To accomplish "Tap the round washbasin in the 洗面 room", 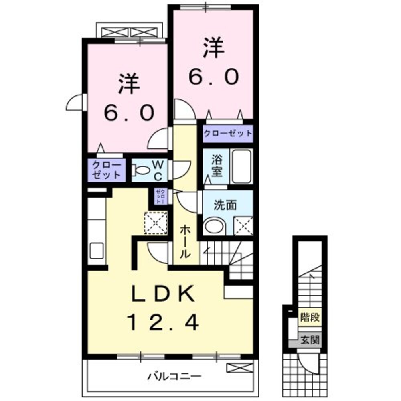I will [x=215, y=227].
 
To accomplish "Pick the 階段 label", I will [x=310, y=318].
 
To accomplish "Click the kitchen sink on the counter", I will [x=97, y=251].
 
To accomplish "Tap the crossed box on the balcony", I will [x=240, y=367].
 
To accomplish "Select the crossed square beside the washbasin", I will [x=243, y=226].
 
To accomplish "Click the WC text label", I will [x=158, y=170].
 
